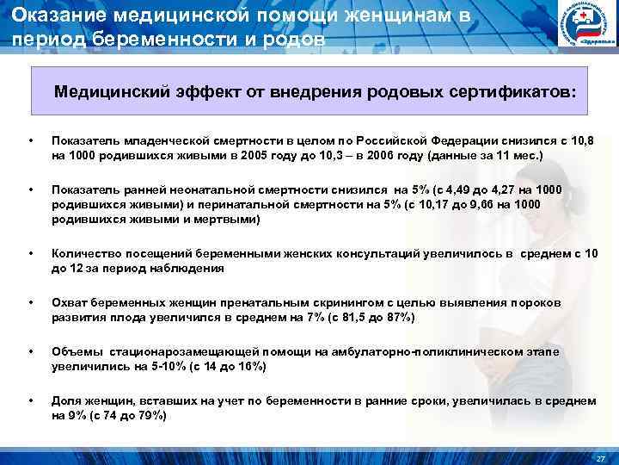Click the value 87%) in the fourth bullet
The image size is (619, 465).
pos(400,318)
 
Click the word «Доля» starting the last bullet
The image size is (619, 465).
pos(65,401)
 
